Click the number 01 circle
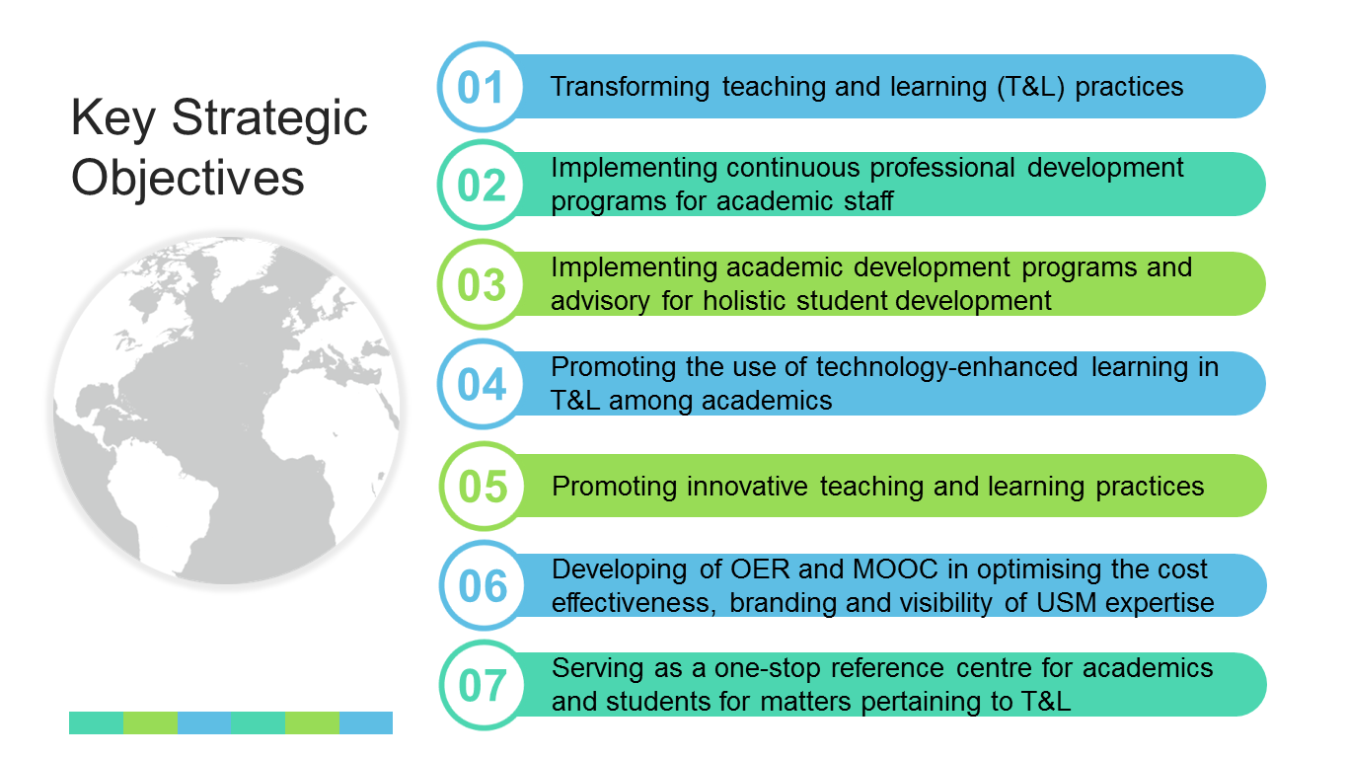482,87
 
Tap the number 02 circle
482,185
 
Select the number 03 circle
482,284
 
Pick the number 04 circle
482,384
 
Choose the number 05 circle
483,486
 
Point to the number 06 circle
483,585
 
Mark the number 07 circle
483,685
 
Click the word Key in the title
113,118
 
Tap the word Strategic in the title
269,118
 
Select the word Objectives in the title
187,179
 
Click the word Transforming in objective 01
630,87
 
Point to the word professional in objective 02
942,169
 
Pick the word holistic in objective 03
746,300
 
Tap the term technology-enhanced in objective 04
946,368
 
